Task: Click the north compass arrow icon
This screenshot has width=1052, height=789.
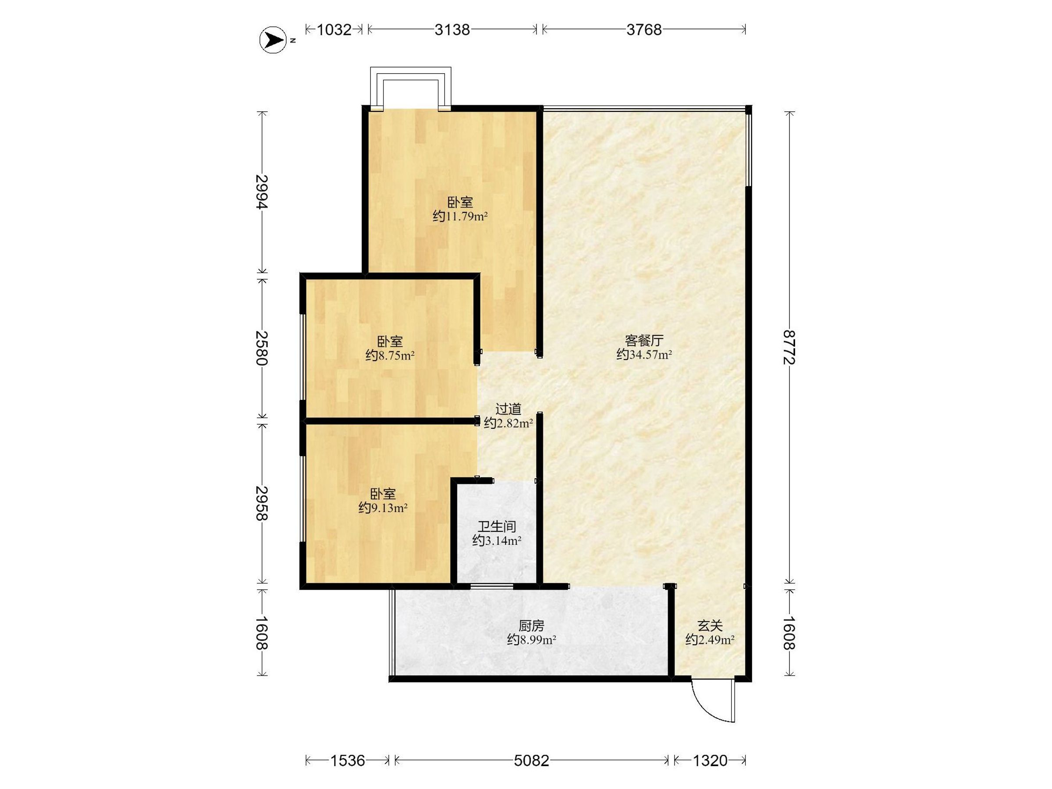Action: tap(274, 40)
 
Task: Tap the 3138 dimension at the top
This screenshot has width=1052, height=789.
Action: tap(452, 30)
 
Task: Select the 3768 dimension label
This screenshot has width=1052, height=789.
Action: tap(644, 30)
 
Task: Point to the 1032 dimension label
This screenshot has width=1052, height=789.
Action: tap(334, 30)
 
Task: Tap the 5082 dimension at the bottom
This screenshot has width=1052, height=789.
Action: tap(532, 761)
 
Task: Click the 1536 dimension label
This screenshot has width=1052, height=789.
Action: tap(348, 761)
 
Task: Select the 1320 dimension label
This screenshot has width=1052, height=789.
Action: tap(710, 761)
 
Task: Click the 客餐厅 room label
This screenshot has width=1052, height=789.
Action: tap(644, 341)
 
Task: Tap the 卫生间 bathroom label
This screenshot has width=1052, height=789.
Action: tap(497, 526)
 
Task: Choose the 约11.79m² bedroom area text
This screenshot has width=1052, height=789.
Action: tap(460, 217)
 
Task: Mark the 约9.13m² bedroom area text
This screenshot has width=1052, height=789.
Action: tap(383, 508)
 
